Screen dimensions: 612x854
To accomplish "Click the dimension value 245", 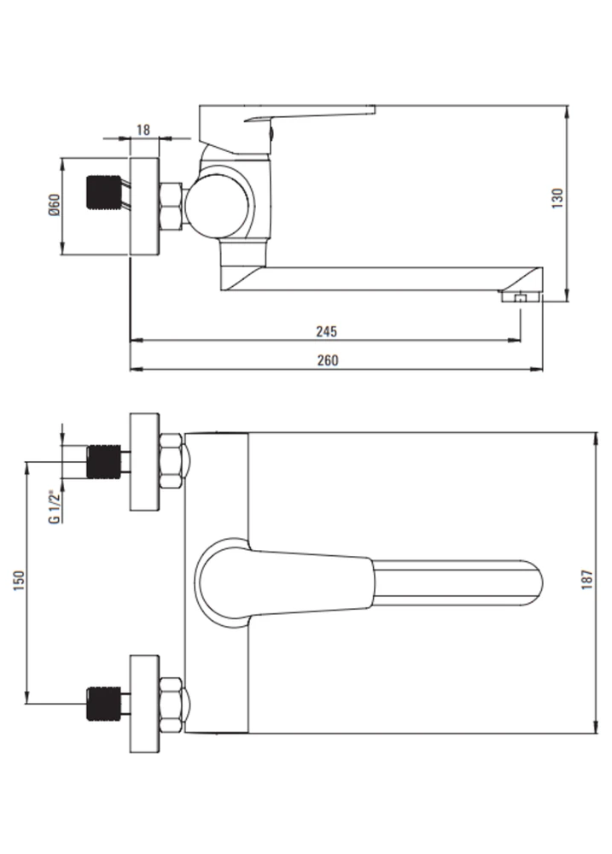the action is pos(327,331).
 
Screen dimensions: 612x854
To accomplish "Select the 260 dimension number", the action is pos(327,360).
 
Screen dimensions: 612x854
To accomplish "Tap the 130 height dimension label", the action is pos(557,199).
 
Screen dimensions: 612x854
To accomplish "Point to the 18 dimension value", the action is pos(143,130).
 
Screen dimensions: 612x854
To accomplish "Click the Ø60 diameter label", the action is pos(55,205).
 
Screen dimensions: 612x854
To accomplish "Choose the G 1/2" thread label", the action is pos(54,507).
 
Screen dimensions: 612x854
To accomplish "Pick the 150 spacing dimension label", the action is pos(19,581).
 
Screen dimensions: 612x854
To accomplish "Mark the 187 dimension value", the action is pos(586,580).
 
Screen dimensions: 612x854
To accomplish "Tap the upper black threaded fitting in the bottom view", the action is pos(104,462).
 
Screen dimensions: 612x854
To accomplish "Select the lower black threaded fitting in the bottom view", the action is pos(104,704).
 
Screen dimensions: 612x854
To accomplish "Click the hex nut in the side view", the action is pos(172,206).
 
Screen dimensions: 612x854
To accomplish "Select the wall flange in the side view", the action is pos(144,206).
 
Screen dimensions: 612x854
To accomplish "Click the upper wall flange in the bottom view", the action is pos(144,462).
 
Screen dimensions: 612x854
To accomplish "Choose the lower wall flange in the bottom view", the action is pos(144,705).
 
